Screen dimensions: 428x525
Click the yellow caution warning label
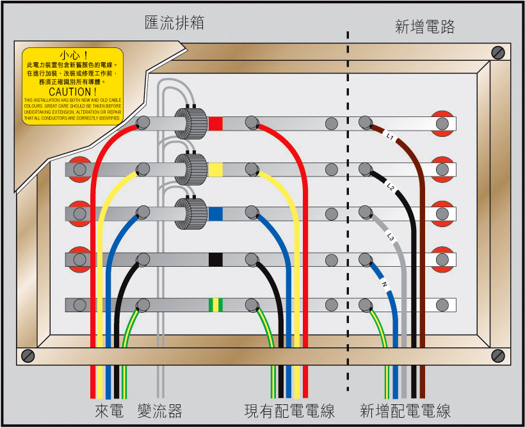pyautogui.click(x=72, y=86)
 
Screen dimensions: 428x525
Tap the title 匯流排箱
pyautogui.click(x=174, y=24)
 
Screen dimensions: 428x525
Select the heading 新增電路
pyautogui.click(x=425, y=26)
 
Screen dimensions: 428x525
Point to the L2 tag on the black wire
pyautogui.click(x=390, y=187)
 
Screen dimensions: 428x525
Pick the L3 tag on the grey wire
pyautogui.click(x=391, y=237)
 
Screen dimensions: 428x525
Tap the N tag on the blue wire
pyautogui.click(x=384, y=283)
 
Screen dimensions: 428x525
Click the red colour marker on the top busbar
pyautogui.click(x=216, y=123)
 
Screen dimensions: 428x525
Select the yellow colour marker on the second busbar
pyautogui.click(x=216, y=170)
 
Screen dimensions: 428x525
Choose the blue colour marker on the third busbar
pyautogui.click(x=216, y=214)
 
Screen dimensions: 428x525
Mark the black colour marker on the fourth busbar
pyautogui.click(x=216, y=259)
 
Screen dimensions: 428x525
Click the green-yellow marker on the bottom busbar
pyautogui.click(x=216, y=305)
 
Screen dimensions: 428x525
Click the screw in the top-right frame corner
pyautogui.click(x=497, y=52)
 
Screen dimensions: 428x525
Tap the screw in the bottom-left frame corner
pyautogui.click(x=28, y=355)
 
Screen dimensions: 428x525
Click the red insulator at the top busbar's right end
pyautogui.click(x=441, y=123)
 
